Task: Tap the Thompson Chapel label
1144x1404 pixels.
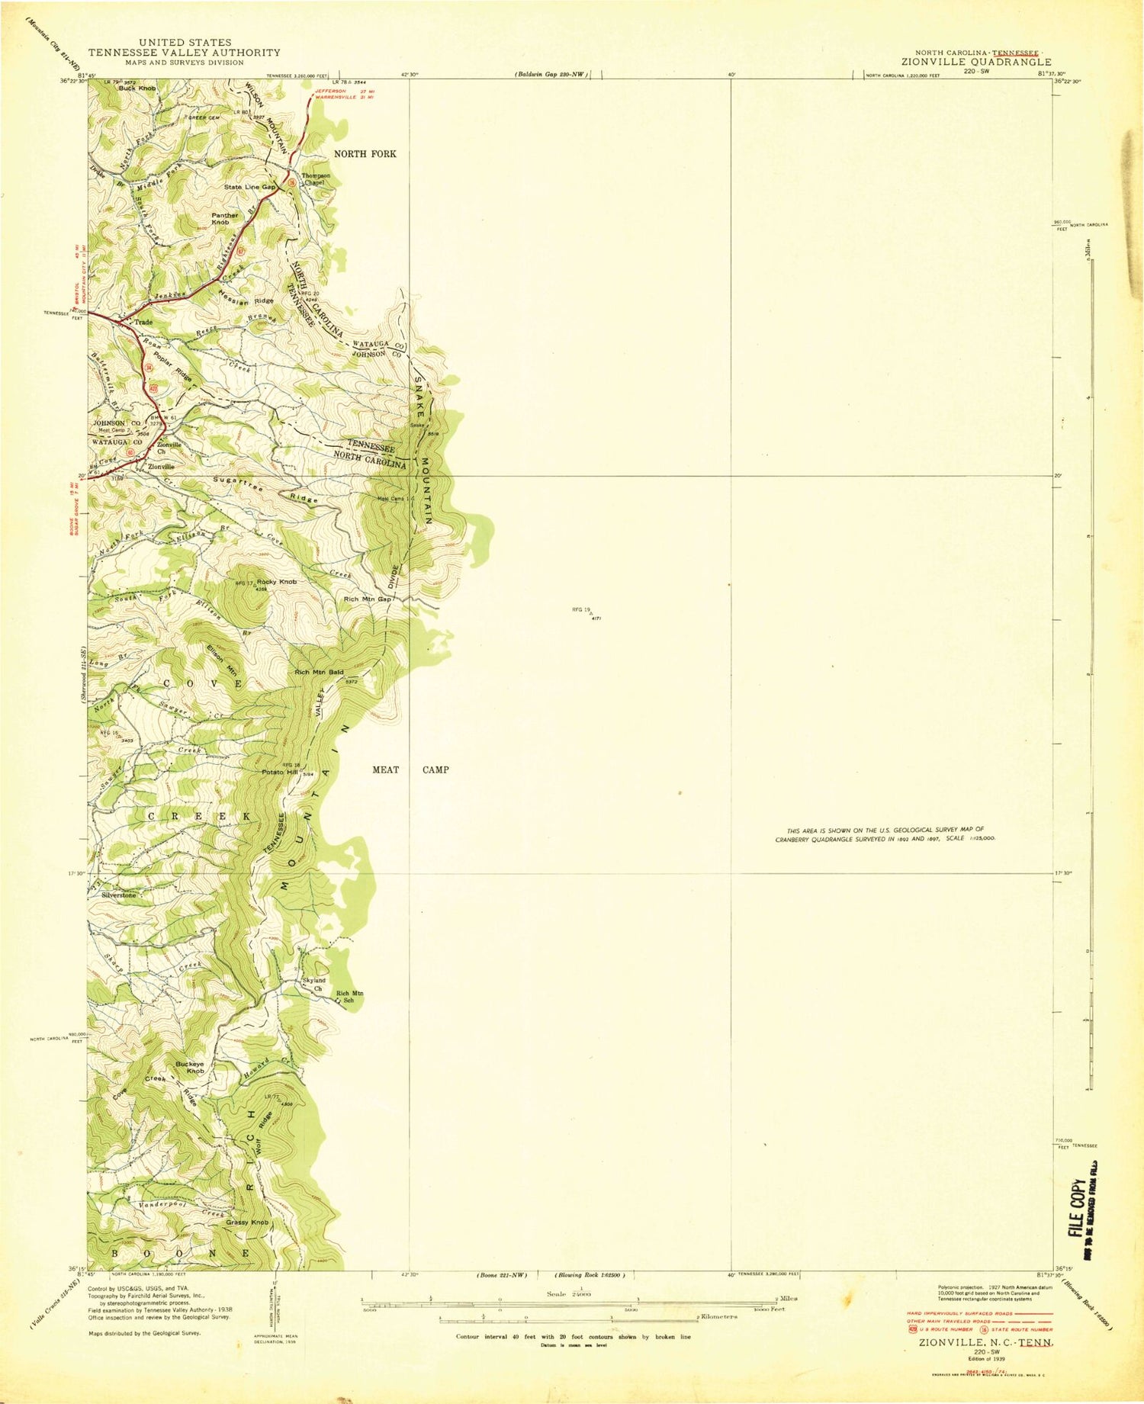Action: click(x=316, y=179)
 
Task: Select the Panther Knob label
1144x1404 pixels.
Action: click(x=225, y=219)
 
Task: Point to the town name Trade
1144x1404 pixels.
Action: click(x=143, y=323)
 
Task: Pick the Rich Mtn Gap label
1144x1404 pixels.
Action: click(x=368, y=599)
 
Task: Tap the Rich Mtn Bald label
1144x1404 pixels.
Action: click(x=320, y=673)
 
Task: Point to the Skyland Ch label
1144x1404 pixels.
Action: click(x=314, y=985)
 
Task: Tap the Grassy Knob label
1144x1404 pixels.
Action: click(x=247, y=1222)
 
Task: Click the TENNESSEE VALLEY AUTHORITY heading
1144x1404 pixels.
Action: click(x=184, y=53)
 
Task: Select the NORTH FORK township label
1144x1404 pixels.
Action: click(x=365, y=154)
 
